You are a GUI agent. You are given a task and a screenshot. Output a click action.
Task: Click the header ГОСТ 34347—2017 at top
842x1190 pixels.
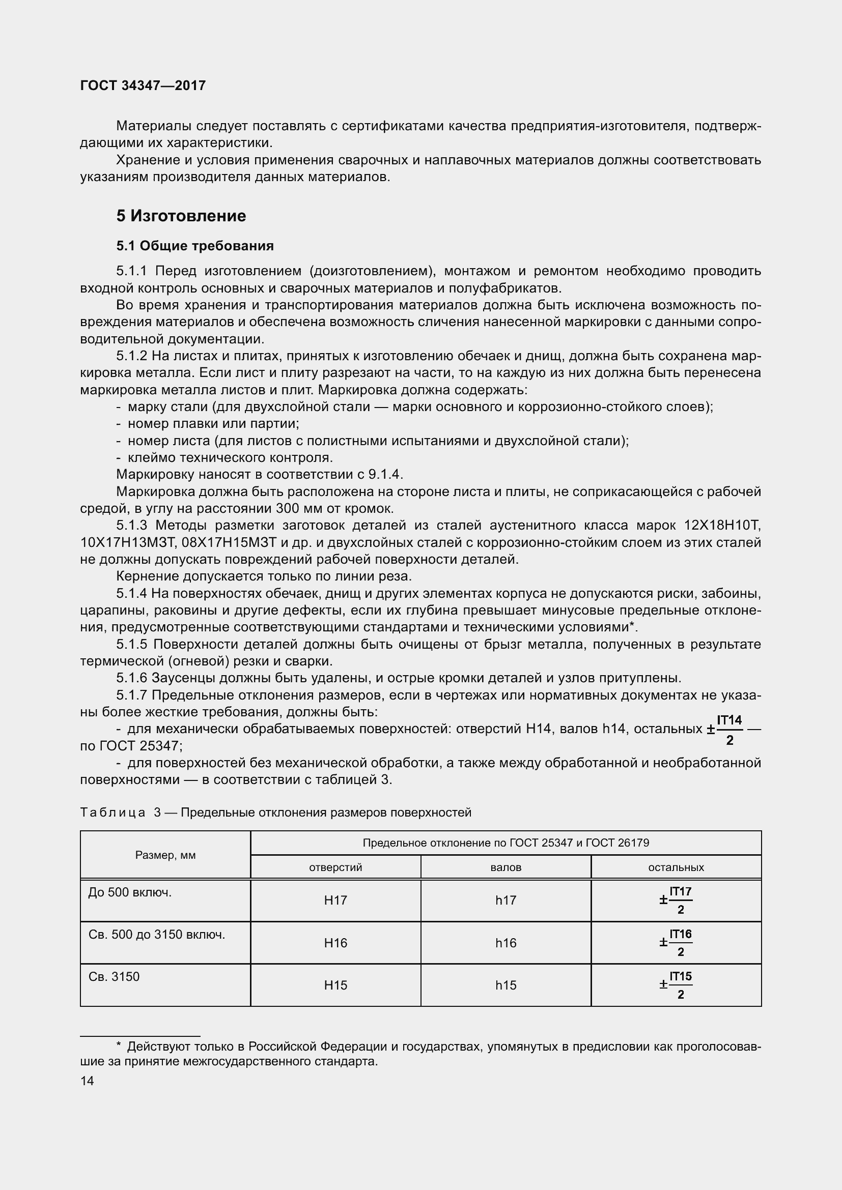pos(143,85)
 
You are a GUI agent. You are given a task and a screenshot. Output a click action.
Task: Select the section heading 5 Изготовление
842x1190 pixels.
pos(181,216)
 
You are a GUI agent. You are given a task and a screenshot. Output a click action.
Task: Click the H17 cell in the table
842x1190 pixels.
pos(335,901)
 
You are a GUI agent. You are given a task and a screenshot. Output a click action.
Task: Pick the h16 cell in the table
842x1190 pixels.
pos(506,943)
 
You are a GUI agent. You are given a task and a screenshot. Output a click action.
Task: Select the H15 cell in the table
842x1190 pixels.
pos(335,985)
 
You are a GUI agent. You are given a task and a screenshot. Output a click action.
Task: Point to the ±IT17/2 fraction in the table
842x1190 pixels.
pos(676,901)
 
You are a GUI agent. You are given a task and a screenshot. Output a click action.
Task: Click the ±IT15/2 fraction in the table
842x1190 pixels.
pos(676,985)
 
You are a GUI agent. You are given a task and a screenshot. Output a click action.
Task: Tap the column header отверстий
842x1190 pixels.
pos(335,867)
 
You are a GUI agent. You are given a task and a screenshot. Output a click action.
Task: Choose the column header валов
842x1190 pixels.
pos(506,867)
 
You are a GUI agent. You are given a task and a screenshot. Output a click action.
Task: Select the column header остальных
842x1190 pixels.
pos(676,867)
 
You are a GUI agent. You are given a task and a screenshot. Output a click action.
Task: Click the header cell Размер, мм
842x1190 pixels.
pos(165,855)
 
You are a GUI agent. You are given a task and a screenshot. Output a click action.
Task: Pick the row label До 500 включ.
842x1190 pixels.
pos(130,892)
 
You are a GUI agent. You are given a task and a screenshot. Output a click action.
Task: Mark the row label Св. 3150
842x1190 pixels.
pos(114,977)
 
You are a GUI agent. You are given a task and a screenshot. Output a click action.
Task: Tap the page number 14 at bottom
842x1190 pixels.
pos(87,1081)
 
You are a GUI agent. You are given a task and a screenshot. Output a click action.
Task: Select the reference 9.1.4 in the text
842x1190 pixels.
pos(385,475)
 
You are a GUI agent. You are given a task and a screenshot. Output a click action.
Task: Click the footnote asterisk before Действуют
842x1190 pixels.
pos(119,1047)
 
